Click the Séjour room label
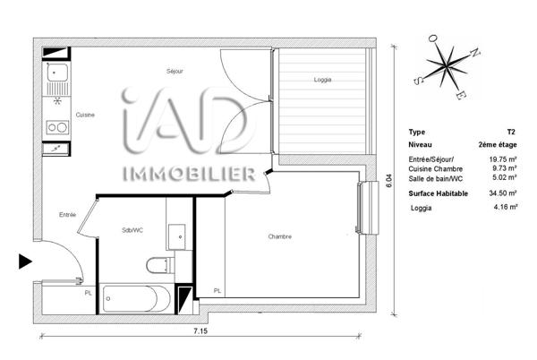tap(174, 72)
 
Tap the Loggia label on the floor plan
tap(323, 80)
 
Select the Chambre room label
tap(280, 236)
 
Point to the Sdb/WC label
tap(134, 230)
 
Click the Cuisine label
tap(86, 114)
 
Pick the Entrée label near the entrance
tap(68, 214)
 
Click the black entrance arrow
tap(24, 261)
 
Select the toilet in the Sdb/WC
tap(158, 264)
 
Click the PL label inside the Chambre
tap(218, 290)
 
